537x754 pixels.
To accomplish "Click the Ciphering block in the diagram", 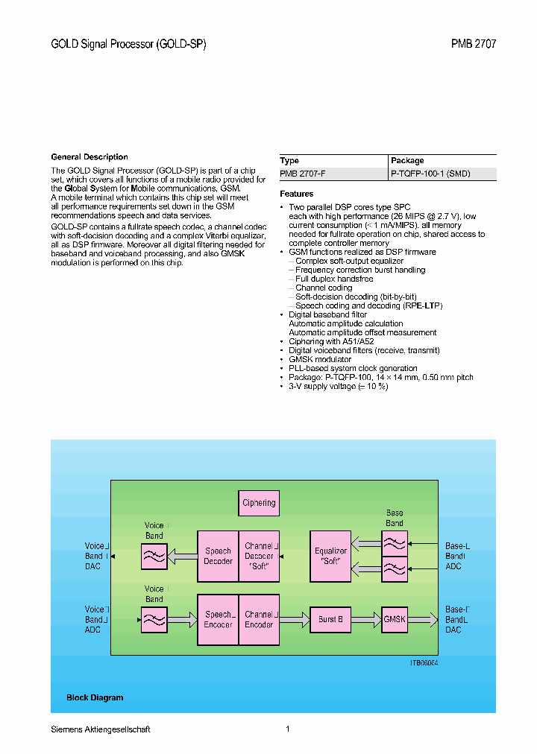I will pyautogui.click(x=259, y=503).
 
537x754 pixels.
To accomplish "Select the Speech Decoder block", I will pyautogui.click(x=218, y=556).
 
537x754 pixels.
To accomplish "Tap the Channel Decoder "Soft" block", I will pyautogui.click(x=259, y=556).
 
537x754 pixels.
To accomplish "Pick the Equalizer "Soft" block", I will pyautogui.click(x=331, y=556).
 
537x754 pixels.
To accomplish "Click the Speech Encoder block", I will pyautogui.click(x=218, y=619).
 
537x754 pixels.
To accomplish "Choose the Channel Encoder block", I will pyautogui.click(x=259, y=619).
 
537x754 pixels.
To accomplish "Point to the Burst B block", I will pyautogui.click(x=330, y=619).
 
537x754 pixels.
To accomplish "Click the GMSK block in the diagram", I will pyautogui.click(x=394, y=619).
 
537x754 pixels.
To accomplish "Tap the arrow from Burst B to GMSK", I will pyautogui.click(x=365, y=619).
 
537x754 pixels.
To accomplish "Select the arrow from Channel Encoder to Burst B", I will pyautogui.click(x=295, y=619).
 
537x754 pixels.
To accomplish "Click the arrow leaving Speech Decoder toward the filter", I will pyautogui.click(x=182, y=556).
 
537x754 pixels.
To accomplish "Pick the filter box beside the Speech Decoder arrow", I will pyautogui.click(x=154, y=556).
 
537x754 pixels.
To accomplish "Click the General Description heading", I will pyautogui.click(x=89, y=157).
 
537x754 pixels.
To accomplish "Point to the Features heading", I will pyautogui.click(x=296, y=194).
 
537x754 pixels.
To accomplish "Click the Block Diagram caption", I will pyautogui.click(x=95, y=697).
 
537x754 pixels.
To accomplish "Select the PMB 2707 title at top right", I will pyautogui.click(x=473, y=44).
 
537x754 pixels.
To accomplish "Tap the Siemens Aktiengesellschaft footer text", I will pyautogui.click(x=101, y=729).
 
